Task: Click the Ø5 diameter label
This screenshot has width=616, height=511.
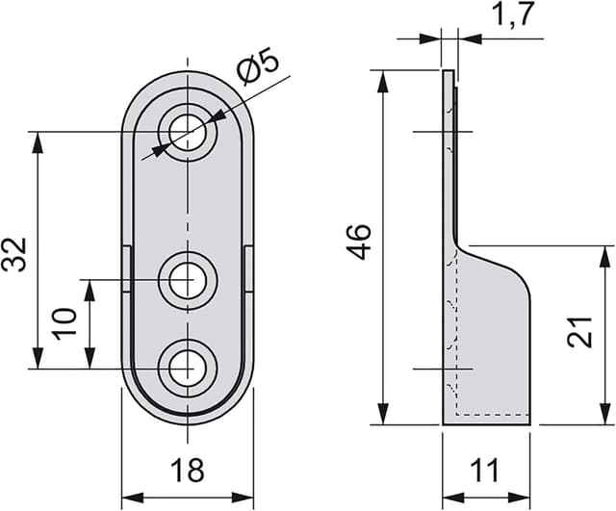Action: tap(258, 70)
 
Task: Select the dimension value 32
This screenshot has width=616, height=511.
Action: tap(15, 255)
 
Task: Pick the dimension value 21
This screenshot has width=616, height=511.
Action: tap(580, 334)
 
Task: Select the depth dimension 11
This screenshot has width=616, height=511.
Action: tap(486, 471)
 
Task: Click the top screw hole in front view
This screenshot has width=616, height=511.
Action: tap(188, 132)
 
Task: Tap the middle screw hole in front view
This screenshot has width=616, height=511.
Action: tap(188, 281)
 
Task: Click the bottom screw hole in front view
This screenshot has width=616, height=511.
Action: tap(188, 367)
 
